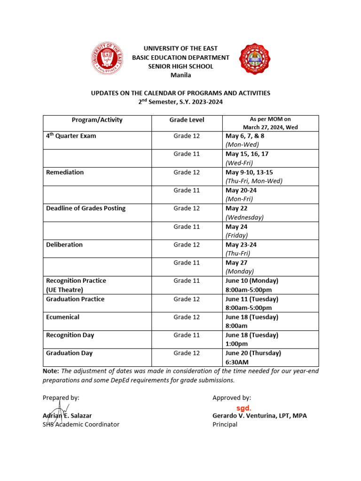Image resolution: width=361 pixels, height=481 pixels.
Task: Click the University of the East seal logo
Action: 108,58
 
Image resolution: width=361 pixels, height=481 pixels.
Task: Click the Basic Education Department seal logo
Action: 255,59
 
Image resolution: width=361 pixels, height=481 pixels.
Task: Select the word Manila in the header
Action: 180,75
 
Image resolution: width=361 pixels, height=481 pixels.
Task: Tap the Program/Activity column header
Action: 97,120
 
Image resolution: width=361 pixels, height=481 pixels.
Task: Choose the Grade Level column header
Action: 187,120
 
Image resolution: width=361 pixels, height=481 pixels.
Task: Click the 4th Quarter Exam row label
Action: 71,136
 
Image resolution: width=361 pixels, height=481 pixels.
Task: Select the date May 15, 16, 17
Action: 247,154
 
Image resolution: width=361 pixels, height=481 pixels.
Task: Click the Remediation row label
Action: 65,172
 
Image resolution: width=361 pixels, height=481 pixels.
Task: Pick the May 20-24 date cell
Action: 241,190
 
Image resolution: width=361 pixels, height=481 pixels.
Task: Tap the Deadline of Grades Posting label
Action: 86,208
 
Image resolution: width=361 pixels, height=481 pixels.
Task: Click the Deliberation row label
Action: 64,245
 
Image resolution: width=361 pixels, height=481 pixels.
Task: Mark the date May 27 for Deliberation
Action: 236,263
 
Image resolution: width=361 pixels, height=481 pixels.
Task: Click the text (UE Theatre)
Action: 64,290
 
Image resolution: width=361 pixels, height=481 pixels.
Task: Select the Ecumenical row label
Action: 63,317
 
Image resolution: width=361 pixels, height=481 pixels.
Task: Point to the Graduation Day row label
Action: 69,353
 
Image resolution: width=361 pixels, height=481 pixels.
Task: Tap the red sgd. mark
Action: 243,408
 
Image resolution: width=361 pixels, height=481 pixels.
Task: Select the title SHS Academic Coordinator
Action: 81,424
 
